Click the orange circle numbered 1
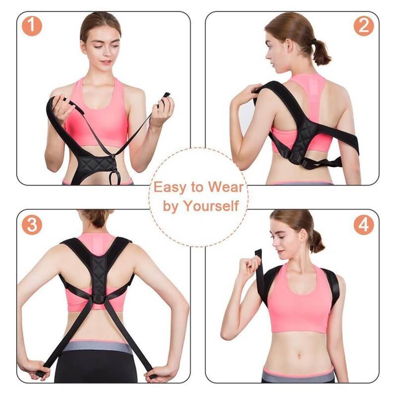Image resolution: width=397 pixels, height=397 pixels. pos(32,26)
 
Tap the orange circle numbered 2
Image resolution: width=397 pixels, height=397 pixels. pos(364,26)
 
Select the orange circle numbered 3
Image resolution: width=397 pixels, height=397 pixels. pos(32,225)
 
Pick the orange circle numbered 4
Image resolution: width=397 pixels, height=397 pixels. pos(364,225)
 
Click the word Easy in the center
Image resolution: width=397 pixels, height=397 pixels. pos(169,188)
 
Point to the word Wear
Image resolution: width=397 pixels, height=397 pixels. pos(225,187)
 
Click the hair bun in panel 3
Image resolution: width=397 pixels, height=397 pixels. pos(97,218)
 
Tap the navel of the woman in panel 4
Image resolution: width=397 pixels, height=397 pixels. pos(299,356)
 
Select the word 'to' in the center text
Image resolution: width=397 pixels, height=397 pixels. pos(197,188)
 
